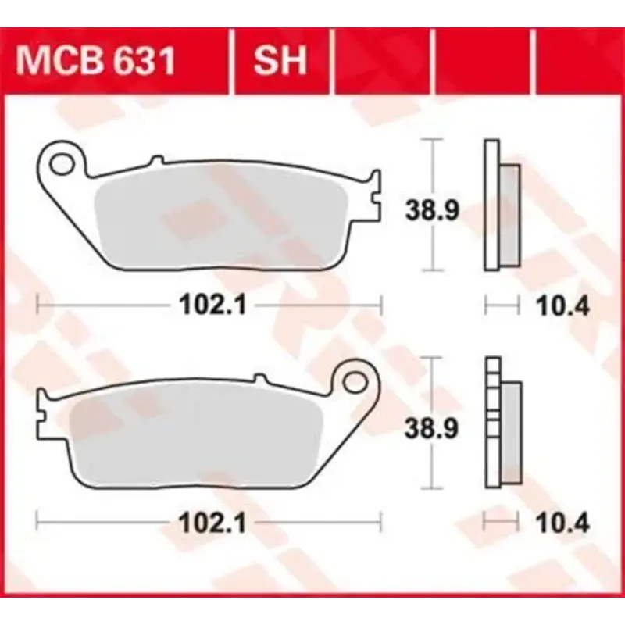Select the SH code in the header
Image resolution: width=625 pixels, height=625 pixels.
point(280,62)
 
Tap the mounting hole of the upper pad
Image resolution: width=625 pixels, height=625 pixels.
point(61,162)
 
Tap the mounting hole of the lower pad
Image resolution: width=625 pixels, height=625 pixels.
point(356,382)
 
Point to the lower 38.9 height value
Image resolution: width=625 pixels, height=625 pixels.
point(430,428)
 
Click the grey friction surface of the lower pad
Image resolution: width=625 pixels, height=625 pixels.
point(195,437)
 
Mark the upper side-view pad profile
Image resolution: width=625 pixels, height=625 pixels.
point(501,205)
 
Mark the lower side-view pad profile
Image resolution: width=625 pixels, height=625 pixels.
point(501,423)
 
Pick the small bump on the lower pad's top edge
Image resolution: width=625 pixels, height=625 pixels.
point(259,380)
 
